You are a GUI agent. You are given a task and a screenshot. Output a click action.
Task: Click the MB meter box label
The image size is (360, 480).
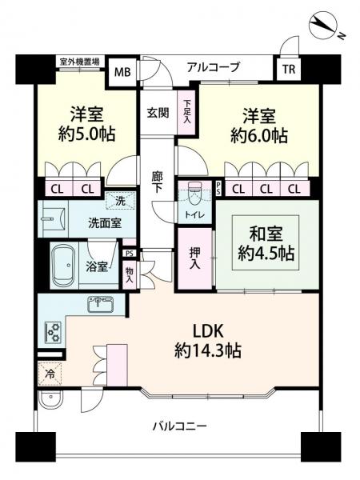coord(122,72)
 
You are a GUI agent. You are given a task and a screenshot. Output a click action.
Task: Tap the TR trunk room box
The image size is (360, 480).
coord(289,69)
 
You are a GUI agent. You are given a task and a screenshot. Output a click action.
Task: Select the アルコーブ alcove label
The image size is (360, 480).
coord(213,66)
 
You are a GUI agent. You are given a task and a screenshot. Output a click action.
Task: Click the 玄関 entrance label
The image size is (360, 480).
coord(158,113)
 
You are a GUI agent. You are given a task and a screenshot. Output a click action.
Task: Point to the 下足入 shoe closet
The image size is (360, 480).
coord(186,112)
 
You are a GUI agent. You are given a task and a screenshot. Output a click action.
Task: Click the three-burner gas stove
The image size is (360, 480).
coord(53,333)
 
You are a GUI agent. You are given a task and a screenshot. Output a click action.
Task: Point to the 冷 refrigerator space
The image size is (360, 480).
coord(50,374)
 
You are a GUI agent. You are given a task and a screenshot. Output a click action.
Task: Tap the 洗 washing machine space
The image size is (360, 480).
coord(120,201)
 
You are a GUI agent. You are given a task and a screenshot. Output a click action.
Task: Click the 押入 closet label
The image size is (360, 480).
coord(194,258)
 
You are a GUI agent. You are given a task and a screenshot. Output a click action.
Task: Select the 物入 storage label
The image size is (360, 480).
coord(129,274)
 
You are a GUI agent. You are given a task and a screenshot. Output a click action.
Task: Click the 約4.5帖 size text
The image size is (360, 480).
coord(266,254)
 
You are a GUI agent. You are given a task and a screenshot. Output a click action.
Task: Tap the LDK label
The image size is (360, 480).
coord(208,331)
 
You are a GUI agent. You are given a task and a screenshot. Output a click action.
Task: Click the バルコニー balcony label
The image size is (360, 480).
coord(180,426)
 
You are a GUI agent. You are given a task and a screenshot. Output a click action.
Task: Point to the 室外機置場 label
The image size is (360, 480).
coord(79,62)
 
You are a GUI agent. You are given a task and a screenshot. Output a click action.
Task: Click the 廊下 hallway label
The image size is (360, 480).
coord(158,182)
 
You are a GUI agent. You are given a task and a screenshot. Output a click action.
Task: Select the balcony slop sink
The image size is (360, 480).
coord(50,398)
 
